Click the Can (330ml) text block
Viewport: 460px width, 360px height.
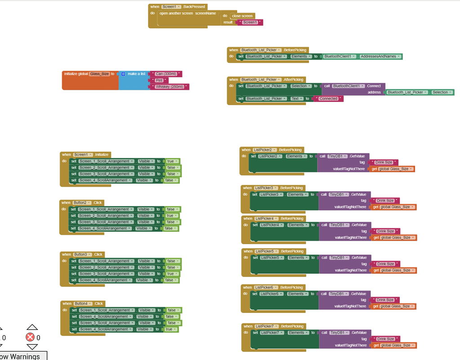[166, 74]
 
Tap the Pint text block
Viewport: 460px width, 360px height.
[159, 80]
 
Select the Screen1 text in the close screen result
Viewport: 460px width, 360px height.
[250, 22]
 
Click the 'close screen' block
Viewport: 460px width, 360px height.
[242, 16]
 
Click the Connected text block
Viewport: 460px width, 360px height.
[328, 99]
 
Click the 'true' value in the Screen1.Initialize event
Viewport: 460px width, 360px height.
[170, 161]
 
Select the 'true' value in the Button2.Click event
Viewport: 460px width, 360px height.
[170, 216]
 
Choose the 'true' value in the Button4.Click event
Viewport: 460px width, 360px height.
[168, 329]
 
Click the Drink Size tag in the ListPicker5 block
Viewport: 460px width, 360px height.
[386, 264]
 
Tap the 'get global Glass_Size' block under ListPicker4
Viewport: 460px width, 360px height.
[394, 238]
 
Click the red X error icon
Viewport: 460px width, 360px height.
[30, 337]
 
